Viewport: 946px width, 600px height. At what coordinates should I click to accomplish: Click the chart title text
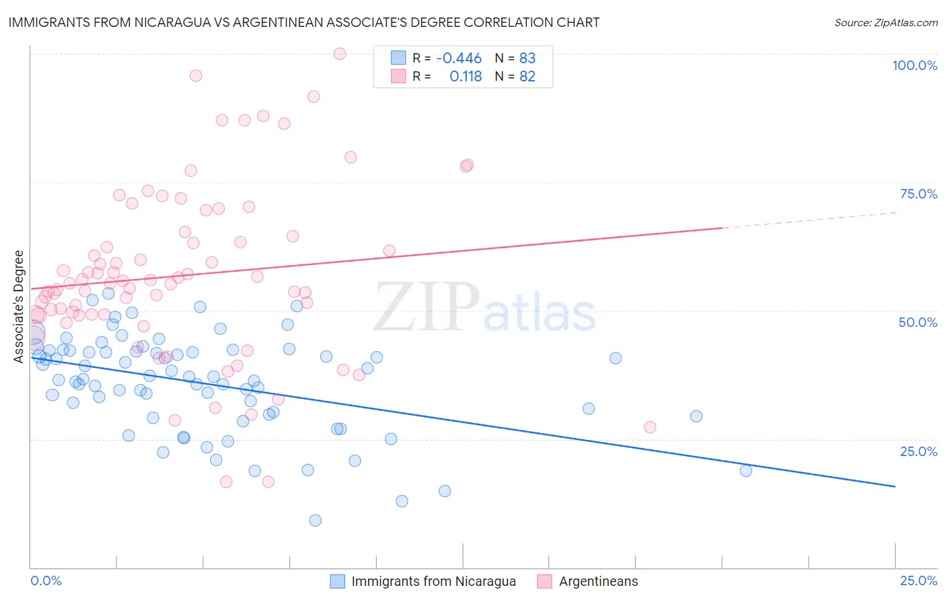point(303,22)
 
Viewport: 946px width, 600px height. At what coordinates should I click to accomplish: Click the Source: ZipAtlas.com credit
point(885,22)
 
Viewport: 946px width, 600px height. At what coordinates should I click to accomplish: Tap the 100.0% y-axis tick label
point(914,65)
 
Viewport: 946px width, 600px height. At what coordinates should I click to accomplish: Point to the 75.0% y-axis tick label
point(918,194)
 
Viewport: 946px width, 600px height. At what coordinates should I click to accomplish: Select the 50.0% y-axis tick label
point(918,322)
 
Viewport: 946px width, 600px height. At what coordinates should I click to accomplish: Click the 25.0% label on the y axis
point(918,451)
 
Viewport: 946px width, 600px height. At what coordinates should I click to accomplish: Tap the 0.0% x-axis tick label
point(46,580)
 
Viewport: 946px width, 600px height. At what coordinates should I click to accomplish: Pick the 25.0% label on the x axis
point(918,580)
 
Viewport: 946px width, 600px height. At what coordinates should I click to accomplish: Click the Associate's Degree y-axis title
point(19,307)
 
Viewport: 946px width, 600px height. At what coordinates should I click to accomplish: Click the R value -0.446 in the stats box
point(459,59)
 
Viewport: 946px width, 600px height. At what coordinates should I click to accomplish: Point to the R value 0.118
point(466,77)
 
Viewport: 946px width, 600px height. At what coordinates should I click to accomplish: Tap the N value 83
point(527,59)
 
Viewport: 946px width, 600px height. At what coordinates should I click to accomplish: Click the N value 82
point(527,77)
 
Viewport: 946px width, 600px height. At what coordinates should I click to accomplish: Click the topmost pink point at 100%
point(340,54)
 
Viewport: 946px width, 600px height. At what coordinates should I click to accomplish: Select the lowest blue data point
point(315,520)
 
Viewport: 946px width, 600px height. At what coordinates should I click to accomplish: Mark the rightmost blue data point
point(745,471)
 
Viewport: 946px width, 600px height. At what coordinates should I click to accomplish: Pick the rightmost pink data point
point(650,427)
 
